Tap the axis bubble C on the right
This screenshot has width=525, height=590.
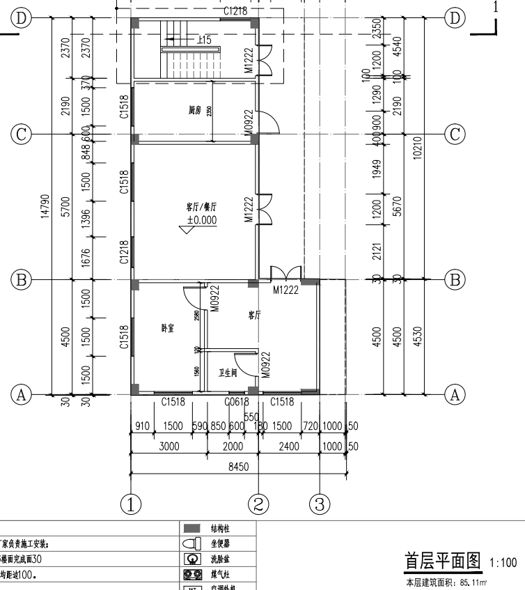click(455, 134)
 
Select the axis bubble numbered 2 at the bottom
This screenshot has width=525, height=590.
click(258, 503)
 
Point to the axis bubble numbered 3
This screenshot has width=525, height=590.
click(320, 503)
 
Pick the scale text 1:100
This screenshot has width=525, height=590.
click(503, 563)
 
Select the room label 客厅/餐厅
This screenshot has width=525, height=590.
click(201, 207)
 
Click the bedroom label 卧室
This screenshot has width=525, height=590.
click(168, 327)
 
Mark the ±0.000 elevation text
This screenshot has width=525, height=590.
click(201, 220)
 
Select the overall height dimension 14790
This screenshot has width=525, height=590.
click(44, 206)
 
